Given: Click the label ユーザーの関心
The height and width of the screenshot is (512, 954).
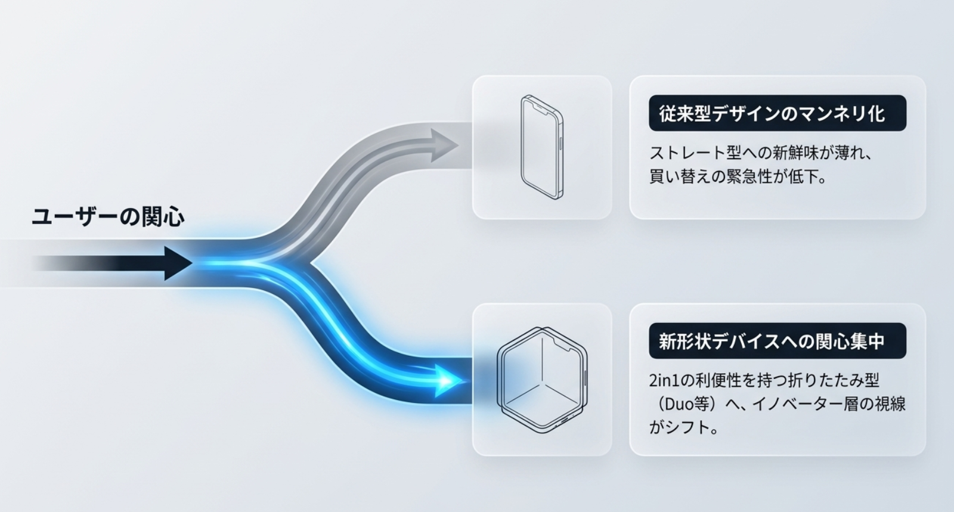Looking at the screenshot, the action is [108, 216].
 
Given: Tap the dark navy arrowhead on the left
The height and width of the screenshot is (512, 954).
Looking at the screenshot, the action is [177, 263].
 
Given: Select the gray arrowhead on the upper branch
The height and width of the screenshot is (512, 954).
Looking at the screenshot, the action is [443, 145].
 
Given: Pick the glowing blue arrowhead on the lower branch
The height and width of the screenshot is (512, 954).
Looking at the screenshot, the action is [450, 380].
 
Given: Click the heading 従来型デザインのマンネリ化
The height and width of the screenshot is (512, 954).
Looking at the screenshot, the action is [772, 114].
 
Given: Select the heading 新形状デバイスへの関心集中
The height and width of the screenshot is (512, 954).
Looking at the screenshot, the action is [772, 341].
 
